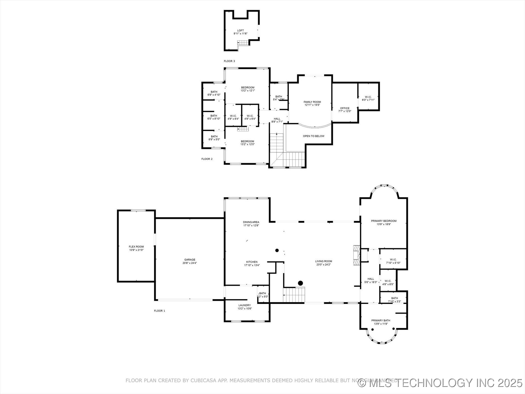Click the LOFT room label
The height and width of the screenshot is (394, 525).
[240, 31]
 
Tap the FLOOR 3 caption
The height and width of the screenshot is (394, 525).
[229, 61]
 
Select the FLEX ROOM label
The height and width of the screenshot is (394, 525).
[136, 247]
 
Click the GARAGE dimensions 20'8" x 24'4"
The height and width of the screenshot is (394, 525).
[189, 263]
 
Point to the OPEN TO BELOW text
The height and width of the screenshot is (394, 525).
[313, 136]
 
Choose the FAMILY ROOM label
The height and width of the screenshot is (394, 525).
[312, 102]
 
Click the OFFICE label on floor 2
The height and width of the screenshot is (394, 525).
[345, 108]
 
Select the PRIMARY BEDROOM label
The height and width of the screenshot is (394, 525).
[383, 221]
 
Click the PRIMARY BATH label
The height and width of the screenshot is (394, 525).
[381, 320]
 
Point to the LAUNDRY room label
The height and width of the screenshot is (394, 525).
[244, 305]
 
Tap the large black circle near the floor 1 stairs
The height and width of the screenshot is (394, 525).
[300, 283]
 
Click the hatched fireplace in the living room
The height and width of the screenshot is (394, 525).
[356, 255]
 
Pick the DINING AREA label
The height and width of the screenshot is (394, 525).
[251, 222]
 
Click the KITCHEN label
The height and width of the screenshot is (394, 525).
[252, 262]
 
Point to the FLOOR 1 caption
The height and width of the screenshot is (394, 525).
[159, 311]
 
